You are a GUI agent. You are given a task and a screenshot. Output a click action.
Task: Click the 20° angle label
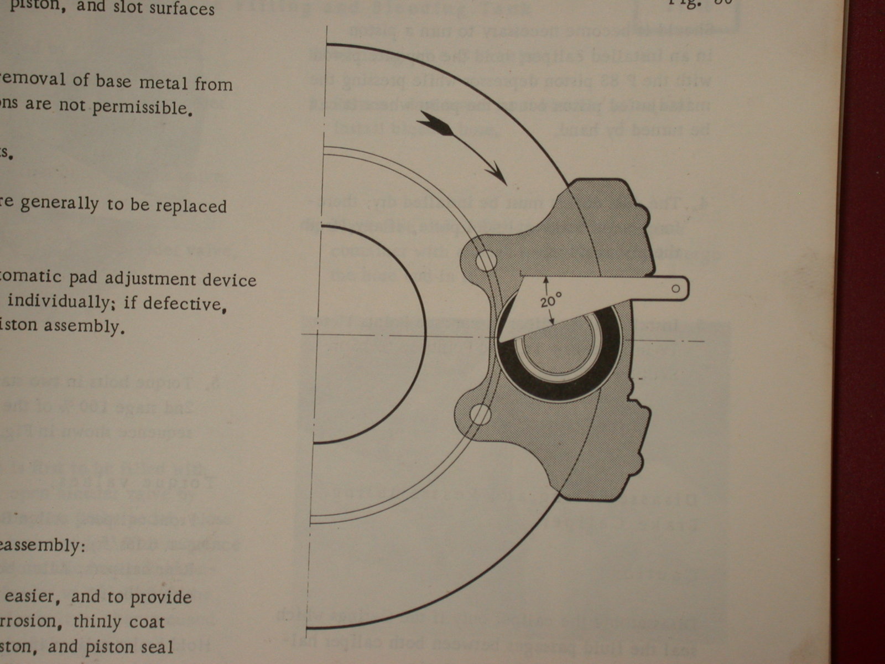(550, 302)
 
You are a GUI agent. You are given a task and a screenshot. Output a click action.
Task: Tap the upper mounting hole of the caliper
(487, 260)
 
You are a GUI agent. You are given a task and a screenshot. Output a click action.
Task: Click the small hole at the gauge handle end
(675, 288)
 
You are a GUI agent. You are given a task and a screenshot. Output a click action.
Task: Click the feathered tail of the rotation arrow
(437, 123)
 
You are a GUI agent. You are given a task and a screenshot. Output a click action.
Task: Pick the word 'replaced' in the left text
(191, 206)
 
